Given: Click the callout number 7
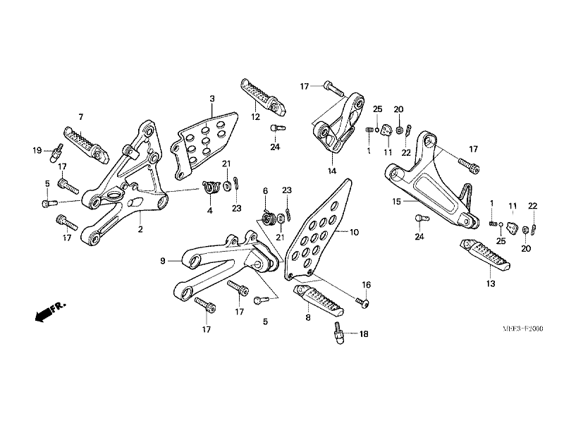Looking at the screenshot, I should pyautogui.click(x=81, y=116).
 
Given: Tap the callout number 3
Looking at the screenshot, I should pyautogui.click(x=211, y=98).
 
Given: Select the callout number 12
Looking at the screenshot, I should pyautogui.click(x=255, y=116).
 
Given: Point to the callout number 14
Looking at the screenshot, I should pyautogui.click(x=331, y=171).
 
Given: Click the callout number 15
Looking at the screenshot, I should pyautogui.click(x=397, y=201).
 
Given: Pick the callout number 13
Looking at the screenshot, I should pyautogui.click(x=490, y=283).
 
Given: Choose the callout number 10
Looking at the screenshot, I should pyautogui.click(x=354, y=231).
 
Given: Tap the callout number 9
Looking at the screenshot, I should pyautogui.click(x=162, y=261).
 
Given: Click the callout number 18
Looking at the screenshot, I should pyautogui.click(x=364, y=333).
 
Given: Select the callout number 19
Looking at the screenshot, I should pyautogui.click(x=37, y=149).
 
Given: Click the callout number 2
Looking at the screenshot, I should pyautogui.click(x=140, y=230).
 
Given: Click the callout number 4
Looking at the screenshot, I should pyautogui.click(x=209, y=210).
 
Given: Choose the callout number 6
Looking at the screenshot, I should pyautogui.click(x=266, y=191).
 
